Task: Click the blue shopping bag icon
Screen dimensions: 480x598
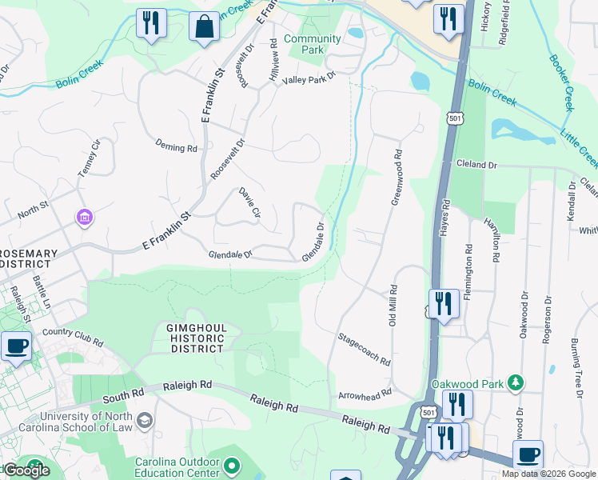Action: point(204,26)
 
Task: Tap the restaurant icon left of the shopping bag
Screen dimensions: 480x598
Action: point(150,23)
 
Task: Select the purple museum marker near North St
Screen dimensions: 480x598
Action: point(84,217)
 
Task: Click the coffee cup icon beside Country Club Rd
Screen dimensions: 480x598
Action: point(17,347)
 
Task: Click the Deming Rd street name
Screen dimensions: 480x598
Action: point(176,148)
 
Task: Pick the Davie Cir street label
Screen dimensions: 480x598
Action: point(249,202)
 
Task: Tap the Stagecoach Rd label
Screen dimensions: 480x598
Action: point(364,350)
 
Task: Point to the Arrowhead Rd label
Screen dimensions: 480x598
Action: point(365,393)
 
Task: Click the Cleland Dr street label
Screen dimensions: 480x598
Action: point(476,164)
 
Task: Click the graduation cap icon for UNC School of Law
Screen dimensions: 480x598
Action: point(145,420)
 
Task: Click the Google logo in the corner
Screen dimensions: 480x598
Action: point(26,470)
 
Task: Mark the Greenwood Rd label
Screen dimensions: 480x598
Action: point(396,177)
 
